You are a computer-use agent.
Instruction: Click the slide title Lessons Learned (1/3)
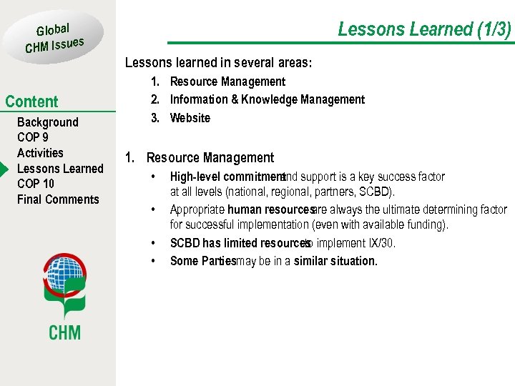click(x=424, y=29)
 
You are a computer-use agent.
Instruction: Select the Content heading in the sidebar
click(x=31, y=102)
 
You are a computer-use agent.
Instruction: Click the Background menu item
click(x=47, y=122)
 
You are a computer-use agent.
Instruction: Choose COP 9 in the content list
click(x=33, y=137)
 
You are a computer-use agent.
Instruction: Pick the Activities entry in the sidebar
click(x=40, y=153)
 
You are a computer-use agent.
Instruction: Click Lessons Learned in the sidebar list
click(x=60, y=169)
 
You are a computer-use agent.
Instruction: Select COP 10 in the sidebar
click(x=36, y=184)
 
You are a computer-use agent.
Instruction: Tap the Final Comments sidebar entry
click(x=58, y=199)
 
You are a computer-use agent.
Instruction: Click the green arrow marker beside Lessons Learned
click(x=4, y=169)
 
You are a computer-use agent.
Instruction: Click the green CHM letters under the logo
click(x=64, y=332)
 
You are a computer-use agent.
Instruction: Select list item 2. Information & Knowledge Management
click(x=267, y=100)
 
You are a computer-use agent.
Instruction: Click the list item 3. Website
click(x=190, y=118)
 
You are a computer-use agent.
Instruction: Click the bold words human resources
click(x=270, y=210)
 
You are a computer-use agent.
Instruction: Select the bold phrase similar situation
click(x=335, y=261)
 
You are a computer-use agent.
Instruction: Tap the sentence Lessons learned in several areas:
click(x=218, y=63)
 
